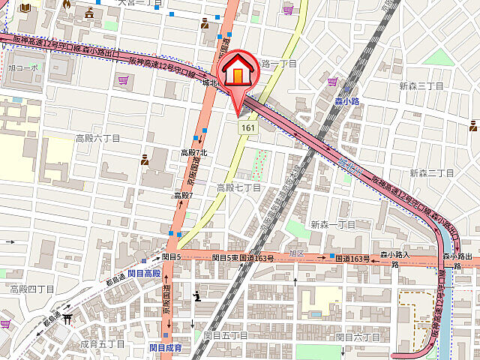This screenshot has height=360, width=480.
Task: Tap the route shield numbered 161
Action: [x=246, y=130]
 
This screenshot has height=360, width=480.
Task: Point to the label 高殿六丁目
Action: [x=97, y=138]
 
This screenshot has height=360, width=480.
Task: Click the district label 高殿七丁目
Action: [x=238, y=187]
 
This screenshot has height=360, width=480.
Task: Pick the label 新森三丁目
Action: [x=421, y=86]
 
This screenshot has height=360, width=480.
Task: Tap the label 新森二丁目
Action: [x=431, y=173]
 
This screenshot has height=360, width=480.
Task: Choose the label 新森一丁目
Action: [x=332, y=224]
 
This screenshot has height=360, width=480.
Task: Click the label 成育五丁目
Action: [x=102, y=343]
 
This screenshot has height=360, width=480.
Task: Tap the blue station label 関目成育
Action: [x=165, y=347]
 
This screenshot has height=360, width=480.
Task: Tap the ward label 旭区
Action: [x=296, y=253]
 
